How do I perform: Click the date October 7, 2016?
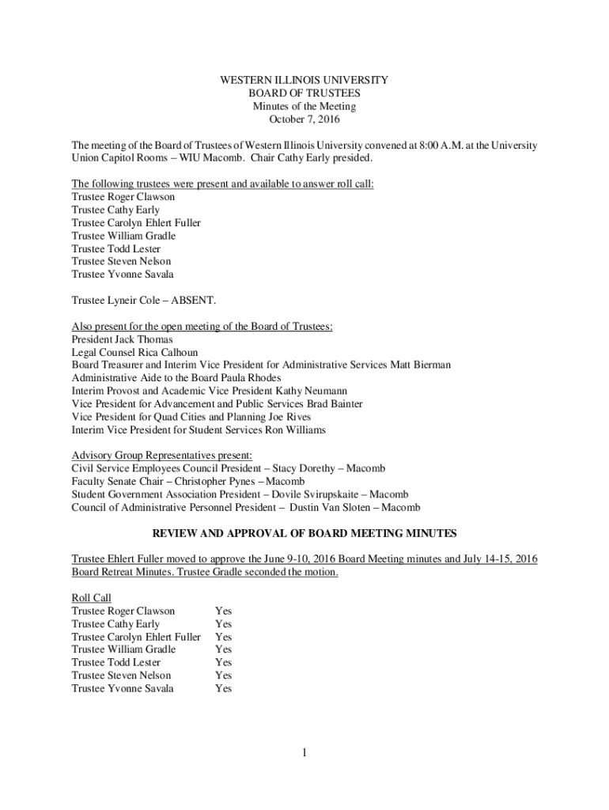click(304, 119)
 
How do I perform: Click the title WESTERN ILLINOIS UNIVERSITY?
click(304, 81)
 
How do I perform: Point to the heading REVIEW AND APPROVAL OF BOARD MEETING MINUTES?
click(304, 533)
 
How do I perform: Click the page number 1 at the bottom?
click(304, 752)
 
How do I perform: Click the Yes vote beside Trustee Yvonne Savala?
click(223, 688)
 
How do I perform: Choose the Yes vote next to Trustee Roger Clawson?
click(223, 611)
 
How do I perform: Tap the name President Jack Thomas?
click(122, 339)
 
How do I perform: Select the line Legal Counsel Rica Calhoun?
click(134, 352)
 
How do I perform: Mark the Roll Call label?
click(91, 598)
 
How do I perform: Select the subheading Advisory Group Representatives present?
click(162, 456)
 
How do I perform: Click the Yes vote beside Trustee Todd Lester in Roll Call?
click(223, 662)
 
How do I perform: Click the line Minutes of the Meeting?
click(304, 107)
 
